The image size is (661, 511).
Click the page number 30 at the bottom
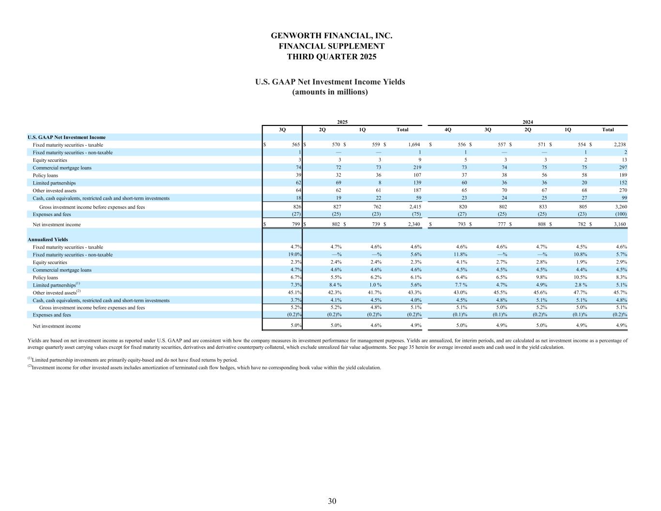coord(332,501)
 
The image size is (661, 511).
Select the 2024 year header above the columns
coord(528,122)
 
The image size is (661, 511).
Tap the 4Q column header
coord(448,130)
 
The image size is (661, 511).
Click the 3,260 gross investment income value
coord(620,207)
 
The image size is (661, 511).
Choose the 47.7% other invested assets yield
coord(580,293)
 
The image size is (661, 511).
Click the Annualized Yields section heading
coord(48,239)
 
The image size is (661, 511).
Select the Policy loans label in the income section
coord(46,175)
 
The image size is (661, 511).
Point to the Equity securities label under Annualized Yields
coord(50,263)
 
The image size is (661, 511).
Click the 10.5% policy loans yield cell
coord(580,278)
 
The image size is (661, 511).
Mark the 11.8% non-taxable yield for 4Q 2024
coord(460,255)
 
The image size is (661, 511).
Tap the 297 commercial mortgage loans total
coord(623,168)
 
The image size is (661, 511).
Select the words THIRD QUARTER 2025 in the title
coord(332,57)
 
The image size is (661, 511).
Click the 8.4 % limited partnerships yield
coord(335,285)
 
